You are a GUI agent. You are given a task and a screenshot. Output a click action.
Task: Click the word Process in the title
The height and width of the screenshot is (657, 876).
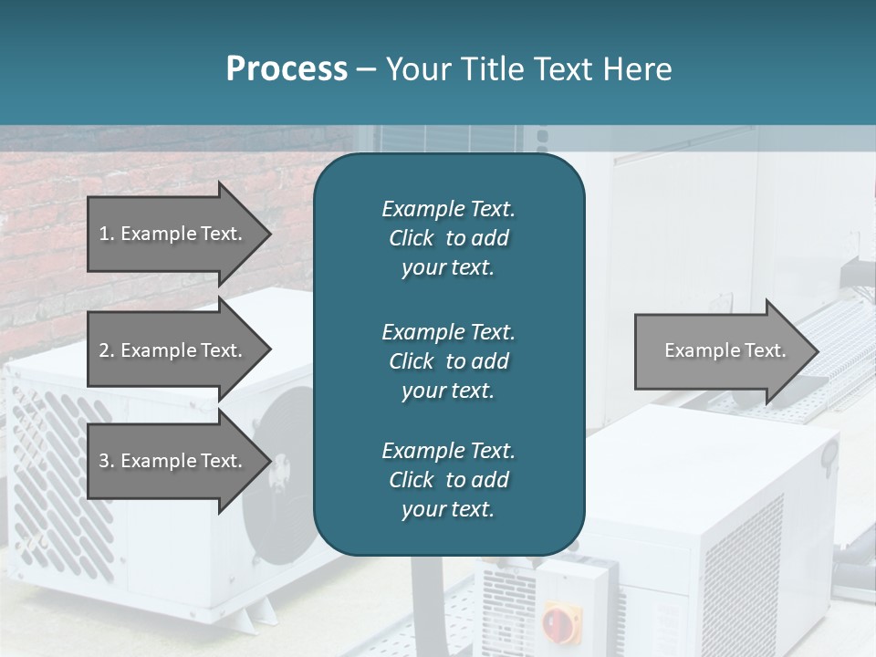[x=287, y=69]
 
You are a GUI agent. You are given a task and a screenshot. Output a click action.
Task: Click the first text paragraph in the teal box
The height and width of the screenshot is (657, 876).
[x=448, y=238]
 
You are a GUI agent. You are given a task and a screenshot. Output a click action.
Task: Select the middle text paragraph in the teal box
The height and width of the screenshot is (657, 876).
[x=448, y=361]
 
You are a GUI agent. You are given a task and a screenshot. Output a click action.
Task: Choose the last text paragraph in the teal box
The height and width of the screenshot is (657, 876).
[x=448, y=480]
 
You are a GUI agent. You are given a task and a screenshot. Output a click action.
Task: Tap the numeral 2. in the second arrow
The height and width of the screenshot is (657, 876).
[x=107, y=350]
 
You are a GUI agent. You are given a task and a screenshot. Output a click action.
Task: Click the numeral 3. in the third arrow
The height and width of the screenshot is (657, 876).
[x=107, y=461]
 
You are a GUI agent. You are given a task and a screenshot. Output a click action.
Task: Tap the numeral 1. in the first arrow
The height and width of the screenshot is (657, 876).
[x=107, y=234]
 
